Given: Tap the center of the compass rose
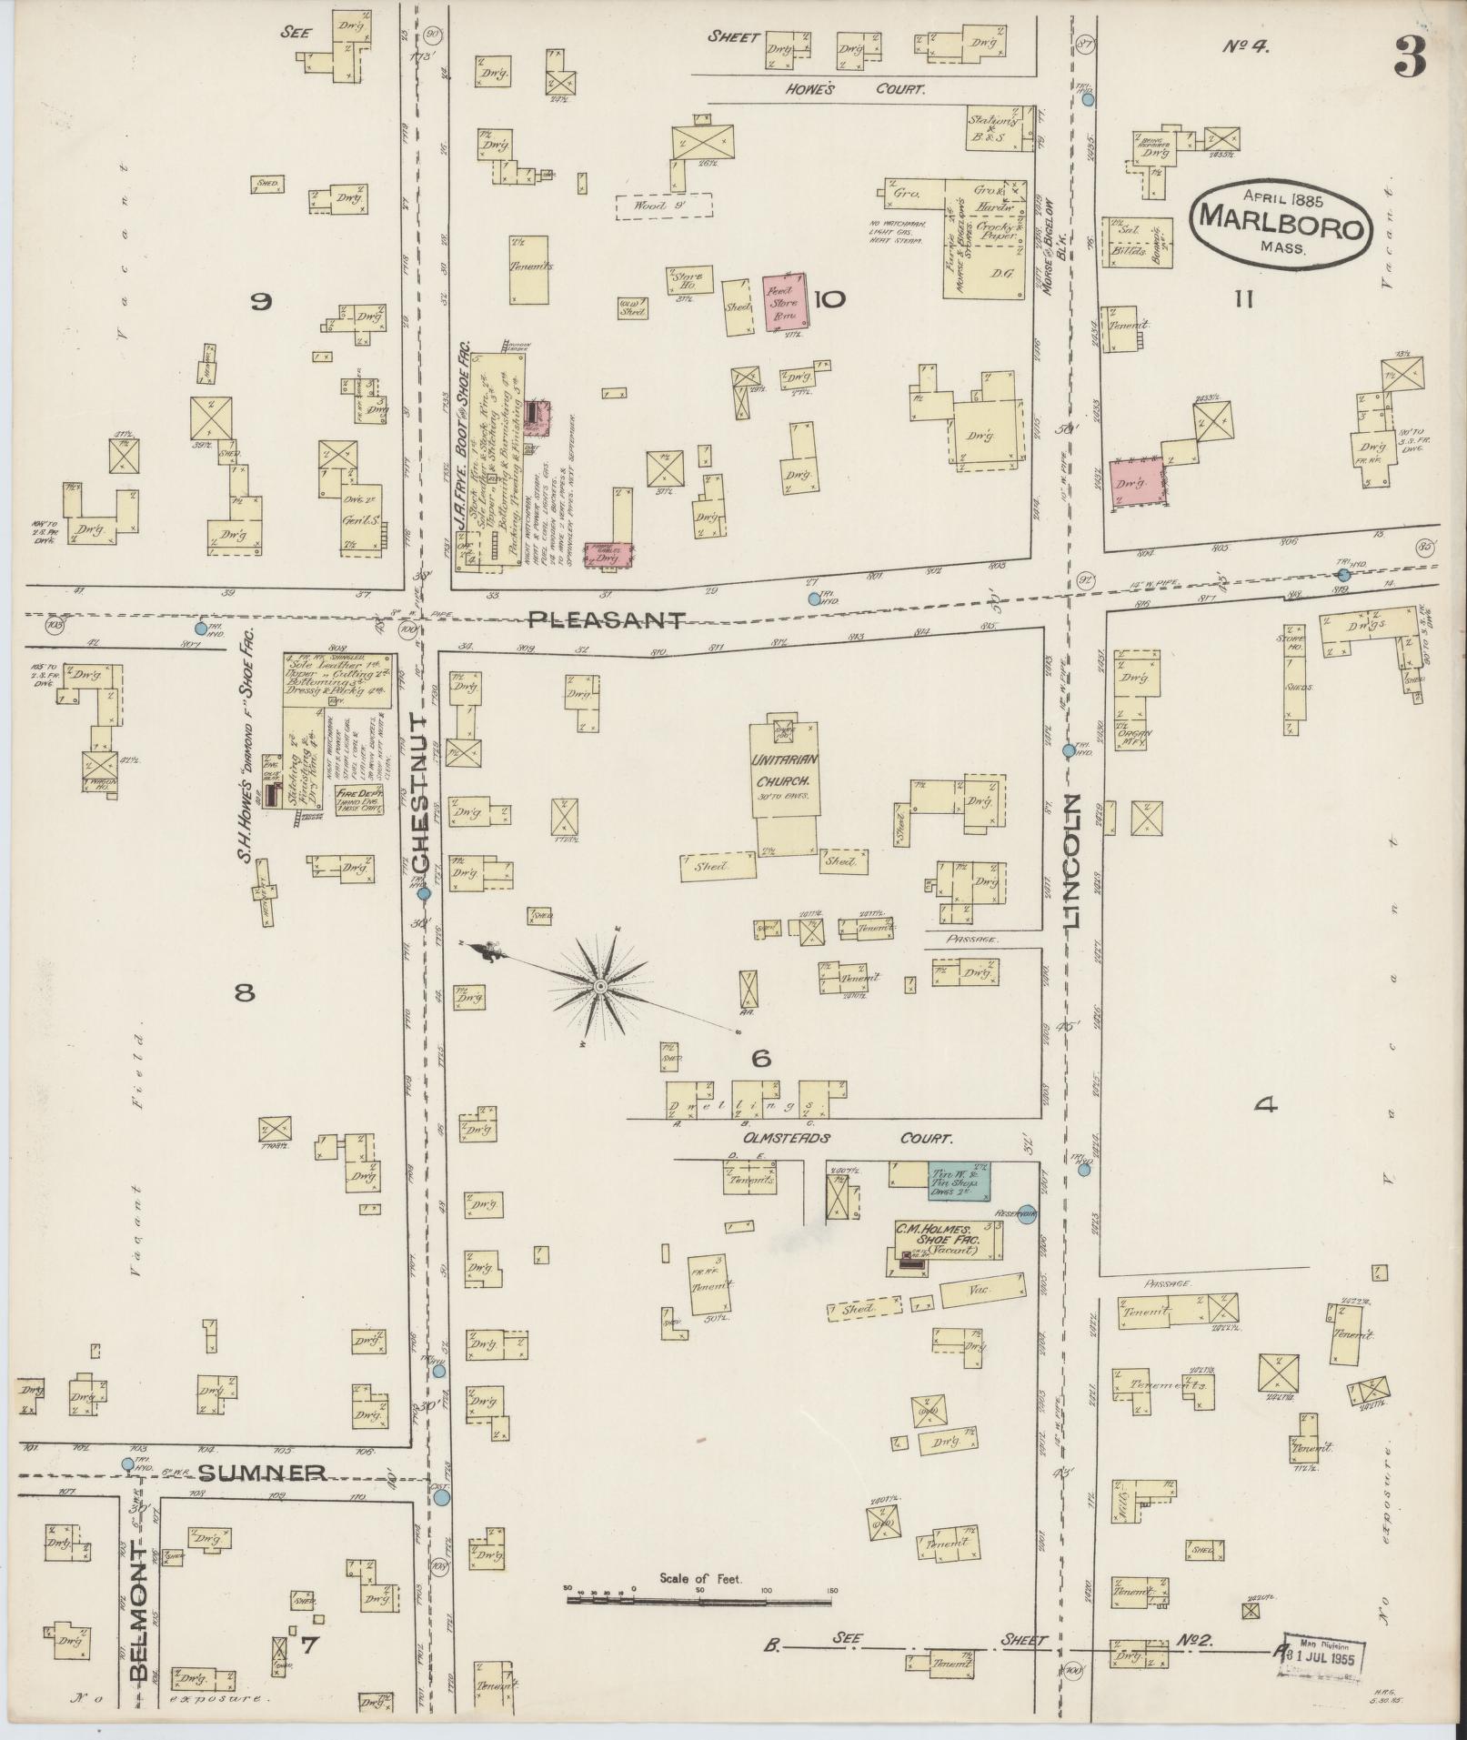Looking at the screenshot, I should pyautogui.click(x=600, y=987).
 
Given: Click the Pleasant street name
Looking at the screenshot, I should pyautogui.click(x=607, y=619).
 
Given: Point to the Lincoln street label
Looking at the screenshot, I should pyautogui.click(x=1073, y=860).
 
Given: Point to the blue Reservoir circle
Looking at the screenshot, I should pyautogui.click(x=1026, y=1213).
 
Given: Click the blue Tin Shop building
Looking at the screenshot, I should pyautogui.click(x=958, y=1180).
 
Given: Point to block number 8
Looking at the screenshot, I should pyautogui.click(x=244, y=994).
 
